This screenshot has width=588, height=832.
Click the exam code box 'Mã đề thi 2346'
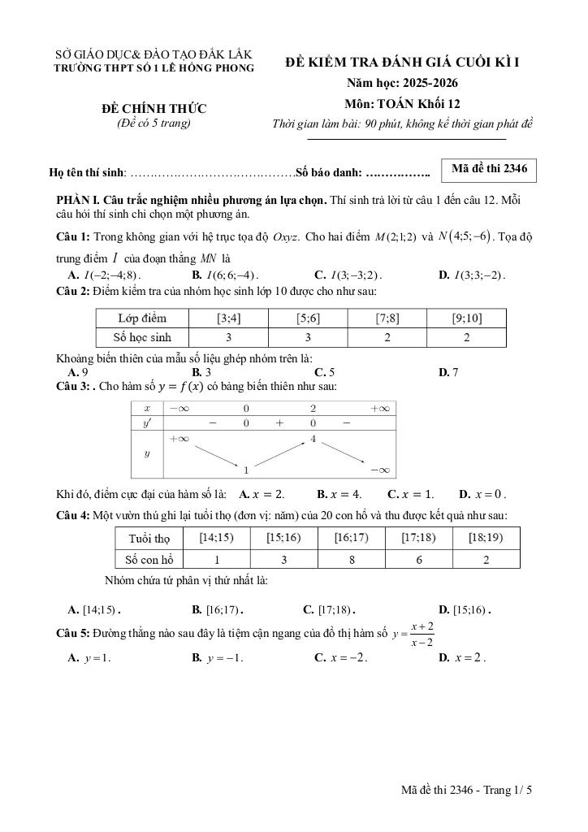[489, 169]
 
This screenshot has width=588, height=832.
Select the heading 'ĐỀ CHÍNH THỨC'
[153, 109]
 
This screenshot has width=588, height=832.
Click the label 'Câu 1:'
[73, 237]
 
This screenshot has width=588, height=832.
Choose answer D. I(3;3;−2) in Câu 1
[471, 275]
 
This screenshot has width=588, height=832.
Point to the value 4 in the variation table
[313, 440]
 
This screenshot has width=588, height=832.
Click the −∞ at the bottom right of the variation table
[378, 470]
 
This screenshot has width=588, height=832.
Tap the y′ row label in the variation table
[147, 423]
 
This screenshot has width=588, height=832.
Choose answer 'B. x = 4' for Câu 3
[339, 493]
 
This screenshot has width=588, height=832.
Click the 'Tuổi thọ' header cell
[149, 538]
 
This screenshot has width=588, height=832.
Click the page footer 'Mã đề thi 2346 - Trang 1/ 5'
[470, 789]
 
